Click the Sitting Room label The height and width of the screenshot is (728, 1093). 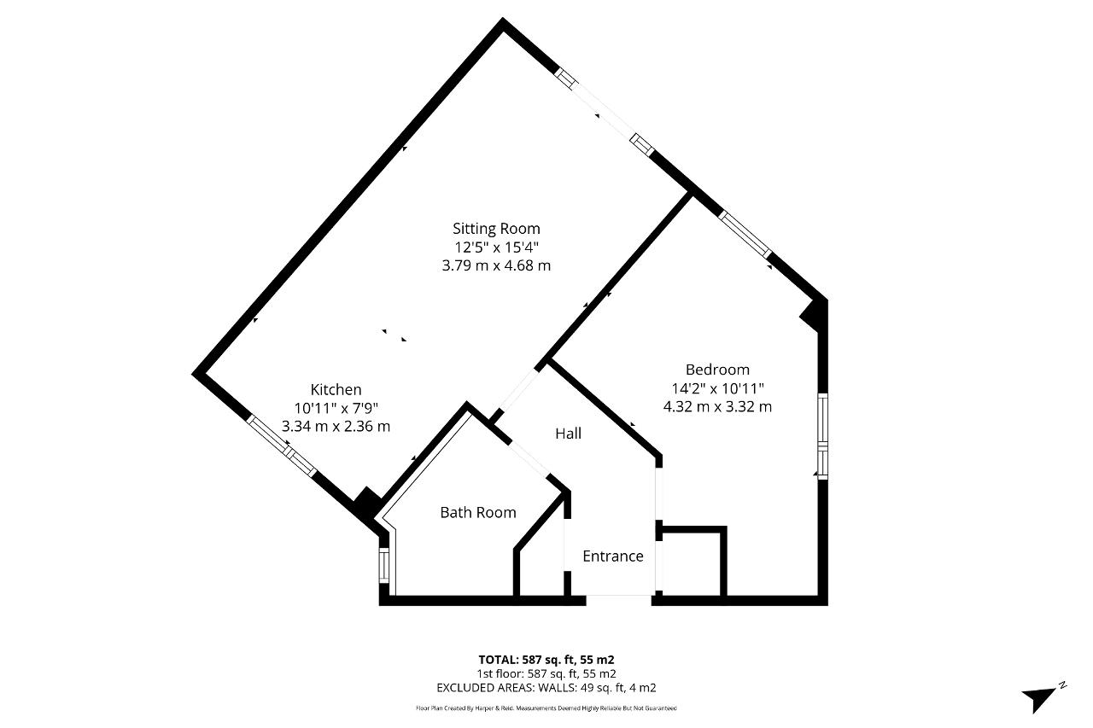496,229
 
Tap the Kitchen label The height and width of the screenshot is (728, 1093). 336,389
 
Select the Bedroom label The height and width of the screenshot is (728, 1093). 717,370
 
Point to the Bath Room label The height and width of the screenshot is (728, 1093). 477,512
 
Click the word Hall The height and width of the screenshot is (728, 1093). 568,434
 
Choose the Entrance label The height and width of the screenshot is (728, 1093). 613,556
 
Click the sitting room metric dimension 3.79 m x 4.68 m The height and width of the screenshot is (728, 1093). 496,265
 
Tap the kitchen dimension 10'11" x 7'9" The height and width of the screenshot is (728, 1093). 336,408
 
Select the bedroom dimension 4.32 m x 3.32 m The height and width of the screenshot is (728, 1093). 717,406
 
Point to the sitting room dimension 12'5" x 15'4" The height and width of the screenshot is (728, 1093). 496,248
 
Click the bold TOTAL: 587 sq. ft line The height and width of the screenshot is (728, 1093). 546,660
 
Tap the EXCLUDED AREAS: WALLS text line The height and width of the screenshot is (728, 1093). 546,688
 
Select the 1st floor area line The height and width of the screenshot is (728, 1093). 546,674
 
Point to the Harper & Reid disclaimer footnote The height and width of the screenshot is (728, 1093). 546,708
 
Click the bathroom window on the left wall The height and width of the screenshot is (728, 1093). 384,565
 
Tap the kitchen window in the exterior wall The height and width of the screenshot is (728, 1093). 281,445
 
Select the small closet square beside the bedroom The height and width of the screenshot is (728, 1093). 691,562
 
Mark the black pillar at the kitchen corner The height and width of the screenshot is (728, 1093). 367,502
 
